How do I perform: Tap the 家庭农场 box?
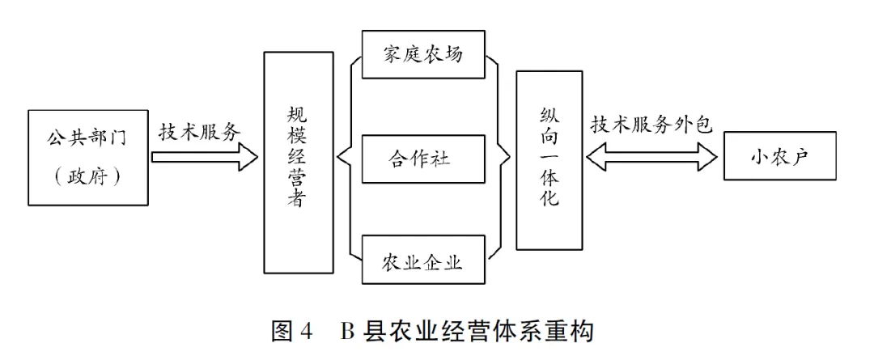[x=423, y=55]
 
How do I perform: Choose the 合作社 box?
[x=423, y=158]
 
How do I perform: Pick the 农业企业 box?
[x=423, y=260]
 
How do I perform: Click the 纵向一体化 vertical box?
[x=549, y=159]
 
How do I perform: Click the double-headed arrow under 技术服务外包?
[x=652, y=157]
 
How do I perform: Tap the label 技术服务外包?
[x=651, y=125]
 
